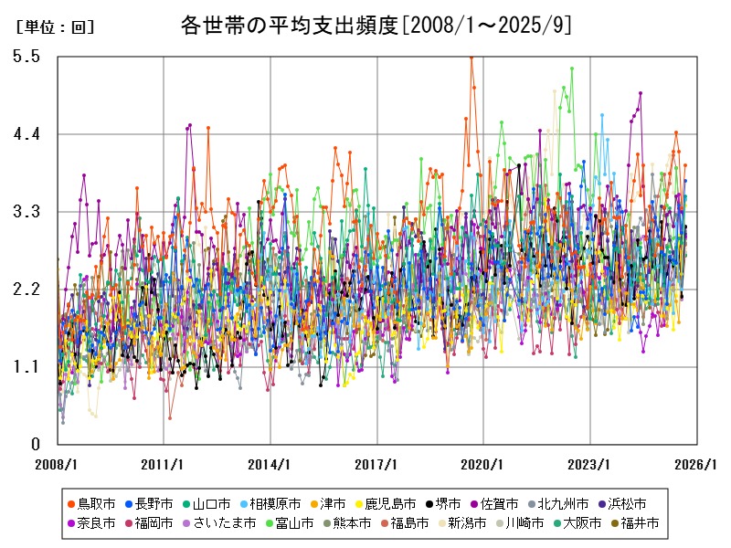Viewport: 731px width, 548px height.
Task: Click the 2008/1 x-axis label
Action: (x=57, y=464)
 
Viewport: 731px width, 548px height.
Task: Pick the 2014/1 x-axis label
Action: (x=270, y=464)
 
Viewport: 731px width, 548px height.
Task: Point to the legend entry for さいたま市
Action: (x=223, y=523)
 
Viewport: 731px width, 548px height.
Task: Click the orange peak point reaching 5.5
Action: (x=471, y=57)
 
